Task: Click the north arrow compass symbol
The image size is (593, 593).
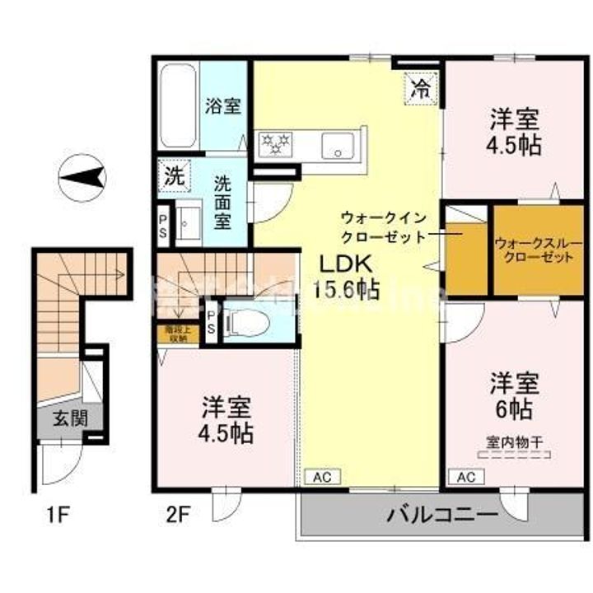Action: coord(82,176)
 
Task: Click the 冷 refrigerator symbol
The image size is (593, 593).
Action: coord(420,89)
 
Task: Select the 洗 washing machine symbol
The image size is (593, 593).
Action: coord(174,175)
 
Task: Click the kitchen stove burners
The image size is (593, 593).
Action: coord(276,143)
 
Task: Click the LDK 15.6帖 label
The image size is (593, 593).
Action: coord(346,277)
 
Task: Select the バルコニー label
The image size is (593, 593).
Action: coord(443,516)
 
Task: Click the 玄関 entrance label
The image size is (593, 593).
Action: coord(70,418)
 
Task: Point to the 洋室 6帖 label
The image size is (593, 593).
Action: coord(515,395)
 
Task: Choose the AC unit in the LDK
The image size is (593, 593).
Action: coord(321,477)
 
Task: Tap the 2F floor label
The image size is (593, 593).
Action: coord(178,516)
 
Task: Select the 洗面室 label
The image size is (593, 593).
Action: coord(223,203)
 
